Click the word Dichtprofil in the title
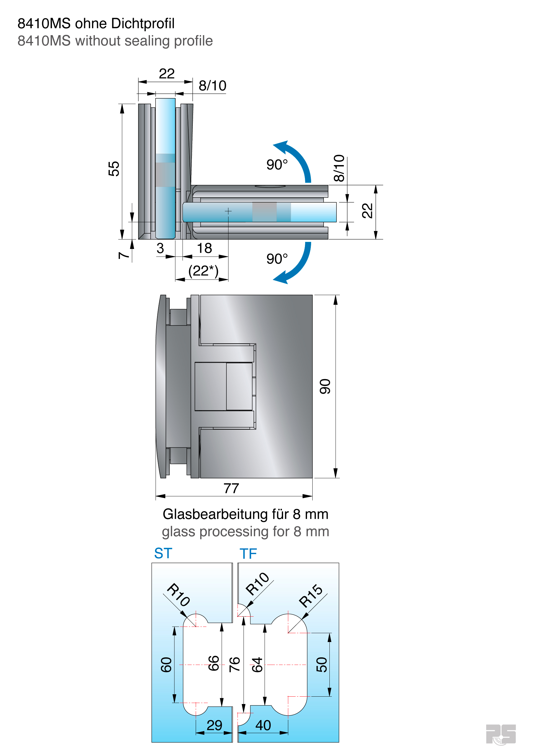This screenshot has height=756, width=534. pyautogui.click(x=143, y=24)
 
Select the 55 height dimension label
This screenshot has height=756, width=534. pyautogui.click(x=114, y=169)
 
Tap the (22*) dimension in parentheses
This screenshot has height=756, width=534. pyautogui.click(x=203, y=271)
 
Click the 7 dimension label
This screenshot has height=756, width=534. pyautogui.click(x=123, y=255)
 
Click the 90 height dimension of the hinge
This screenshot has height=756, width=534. pyautogui.click(x=325, y=386)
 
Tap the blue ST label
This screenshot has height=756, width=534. pyautogui.click(x=163, y=553)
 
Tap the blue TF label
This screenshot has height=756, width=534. pyautogui.click(x=248, y=554)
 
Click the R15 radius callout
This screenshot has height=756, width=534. pyautogui.click(x=311, y=596)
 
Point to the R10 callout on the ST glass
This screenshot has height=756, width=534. pyautogui.click(x=178, y=595)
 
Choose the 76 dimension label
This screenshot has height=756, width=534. pyautogui.click(x=235, y=664)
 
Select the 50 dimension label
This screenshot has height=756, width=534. pyautogui.click(x=322, y=664)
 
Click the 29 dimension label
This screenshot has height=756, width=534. pyautogui.click(x=214, y=725)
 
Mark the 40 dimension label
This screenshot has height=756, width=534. pyautogui.click(x=263, y=725)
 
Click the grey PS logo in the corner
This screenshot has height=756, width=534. pyautogui.click(x=501, y=734)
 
